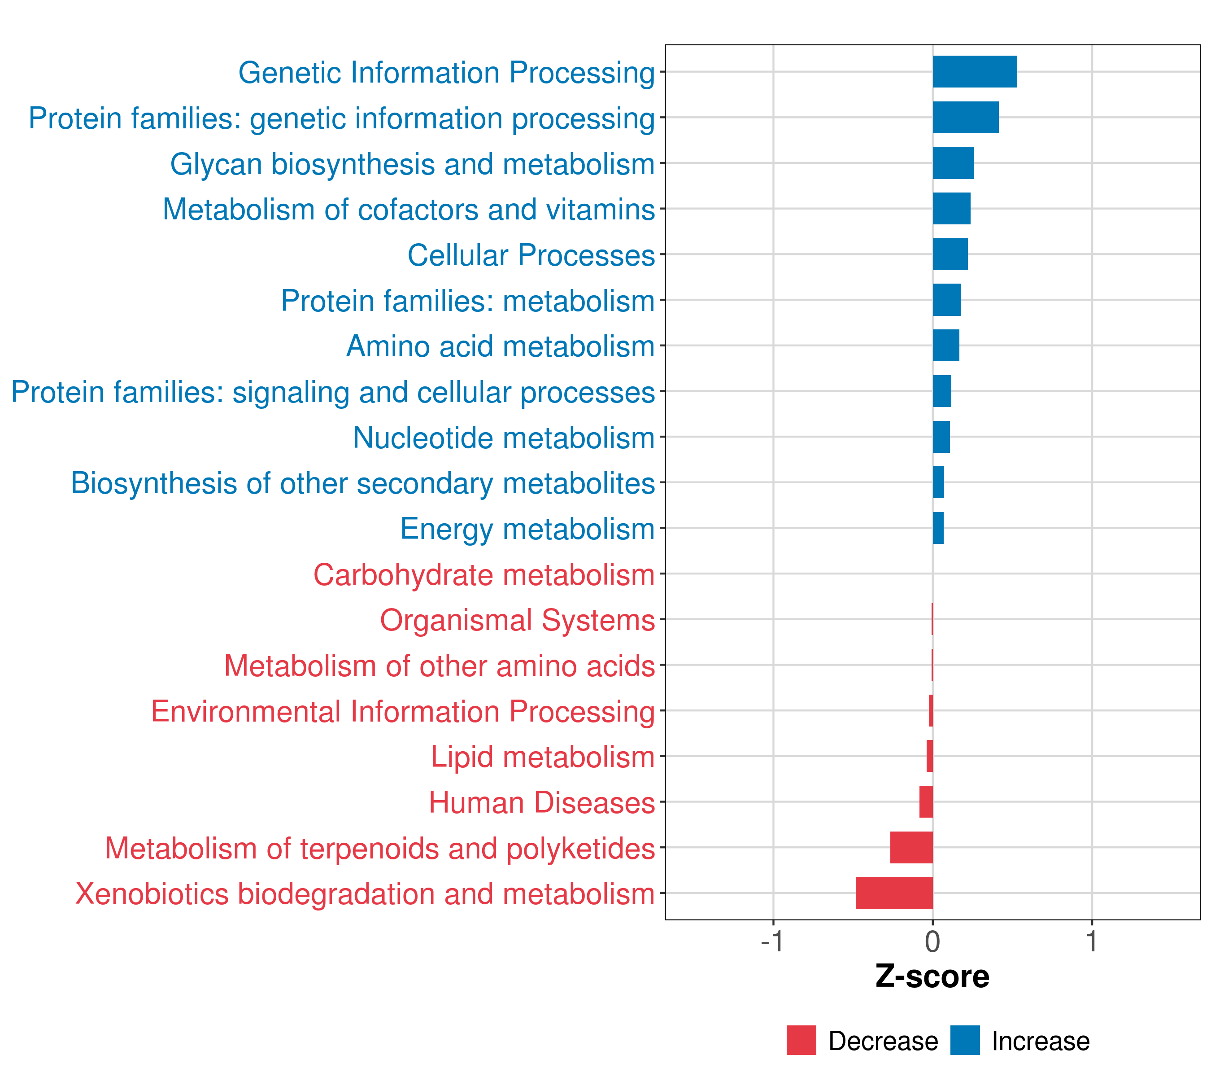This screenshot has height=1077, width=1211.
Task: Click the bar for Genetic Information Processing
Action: (x=975, y=72)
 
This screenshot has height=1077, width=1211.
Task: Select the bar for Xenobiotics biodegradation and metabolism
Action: (x=894, y=893)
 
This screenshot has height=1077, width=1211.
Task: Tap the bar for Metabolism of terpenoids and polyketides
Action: (x=911, y=847)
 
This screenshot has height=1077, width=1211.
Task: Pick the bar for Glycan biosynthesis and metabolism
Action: (x=953, y=163)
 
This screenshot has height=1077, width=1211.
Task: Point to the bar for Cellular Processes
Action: (x=950, y=254)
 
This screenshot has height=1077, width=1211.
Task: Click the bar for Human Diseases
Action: (x=926, y=801)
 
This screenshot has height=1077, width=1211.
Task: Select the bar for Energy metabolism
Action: (x=938, y=528)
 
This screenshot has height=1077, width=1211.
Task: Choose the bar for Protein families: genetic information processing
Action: (x=965, y=118)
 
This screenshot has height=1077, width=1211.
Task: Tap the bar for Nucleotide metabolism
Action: (x=941, y=437)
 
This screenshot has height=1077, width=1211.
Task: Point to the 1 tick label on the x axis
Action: (x=1091, y=942)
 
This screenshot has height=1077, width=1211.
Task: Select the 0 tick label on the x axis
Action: (x=932, y=942)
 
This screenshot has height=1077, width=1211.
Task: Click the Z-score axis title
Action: (x=932, y=977)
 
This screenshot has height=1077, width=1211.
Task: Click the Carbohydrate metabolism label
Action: (x=484, y=575)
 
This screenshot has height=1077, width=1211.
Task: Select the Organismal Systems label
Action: (x=517, y=621)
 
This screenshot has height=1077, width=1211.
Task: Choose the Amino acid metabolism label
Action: (x=501, y=346)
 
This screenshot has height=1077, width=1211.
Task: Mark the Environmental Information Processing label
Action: (x=403, y=711)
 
